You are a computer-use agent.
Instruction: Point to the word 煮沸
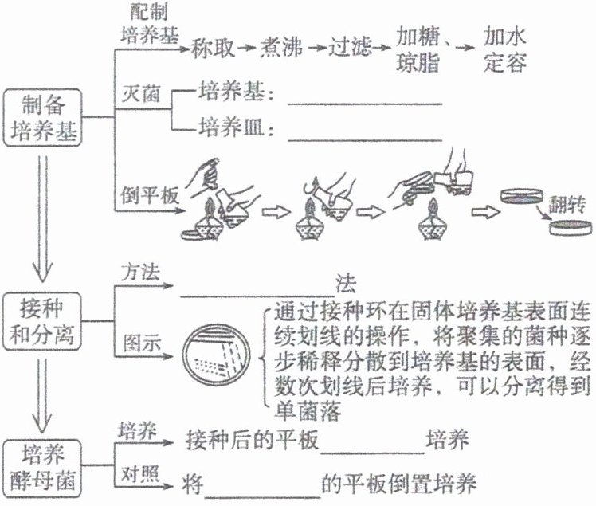pyautogui.click(x=282, y=49)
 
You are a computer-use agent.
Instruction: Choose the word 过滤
pyautogui.click(x=351, y=49)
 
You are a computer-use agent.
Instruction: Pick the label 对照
pyautogui.click(x=137, y=468)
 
